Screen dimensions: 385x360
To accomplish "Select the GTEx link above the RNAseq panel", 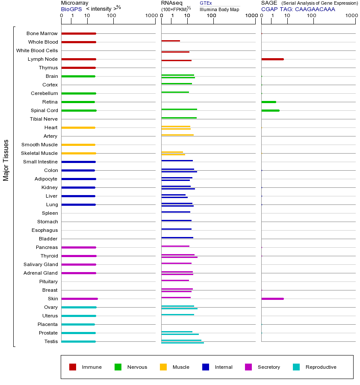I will pyautogui.click(x=206, y=3).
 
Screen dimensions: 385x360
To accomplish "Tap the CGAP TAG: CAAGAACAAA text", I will pyautogui.click(x=298, y=9).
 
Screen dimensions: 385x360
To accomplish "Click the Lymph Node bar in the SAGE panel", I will pyautogui.click(x=272, y=59).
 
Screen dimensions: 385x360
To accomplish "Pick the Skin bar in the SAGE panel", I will pyautogui.click(x=272, y=299).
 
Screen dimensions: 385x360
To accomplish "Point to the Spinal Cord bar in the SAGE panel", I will pyautogui.click(x=270, y=110).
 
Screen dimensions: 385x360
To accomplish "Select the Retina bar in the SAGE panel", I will pyautogui.click(x=269, y=102).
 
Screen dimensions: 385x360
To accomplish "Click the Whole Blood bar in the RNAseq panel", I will pyautogui.click(x=171, y=41).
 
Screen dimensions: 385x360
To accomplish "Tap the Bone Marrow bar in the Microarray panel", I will pyautogui.click(x=79, y=33).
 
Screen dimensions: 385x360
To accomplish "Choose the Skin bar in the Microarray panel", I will pyautogui.click(x=80, y=299).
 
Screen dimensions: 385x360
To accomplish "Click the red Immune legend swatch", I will pyautogui.click(x=73, y=367).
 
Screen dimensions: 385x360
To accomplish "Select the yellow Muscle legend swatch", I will pyautogui.click(x=163, y=367).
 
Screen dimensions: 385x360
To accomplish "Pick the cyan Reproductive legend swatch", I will pyautogui.click(x=296, y=367).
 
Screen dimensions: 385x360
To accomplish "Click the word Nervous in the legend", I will pyautogui.click(x=137, y=367).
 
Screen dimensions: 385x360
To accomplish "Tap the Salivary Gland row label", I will pyautogui.click(x=41, y=264).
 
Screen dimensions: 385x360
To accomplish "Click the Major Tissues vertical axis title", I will pyautogui.click(x=6, y=160).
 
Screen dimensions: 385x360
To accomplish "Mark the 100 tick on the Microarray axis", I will pyautogui.click(x=112, y=16).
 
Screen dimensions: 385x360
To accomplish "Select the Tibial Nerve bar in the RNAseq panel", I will pyautogui.click(x=179, y=118).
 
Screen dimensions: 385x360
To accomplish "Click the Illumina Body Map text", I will pyautogui.click(x=219, y=9).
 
